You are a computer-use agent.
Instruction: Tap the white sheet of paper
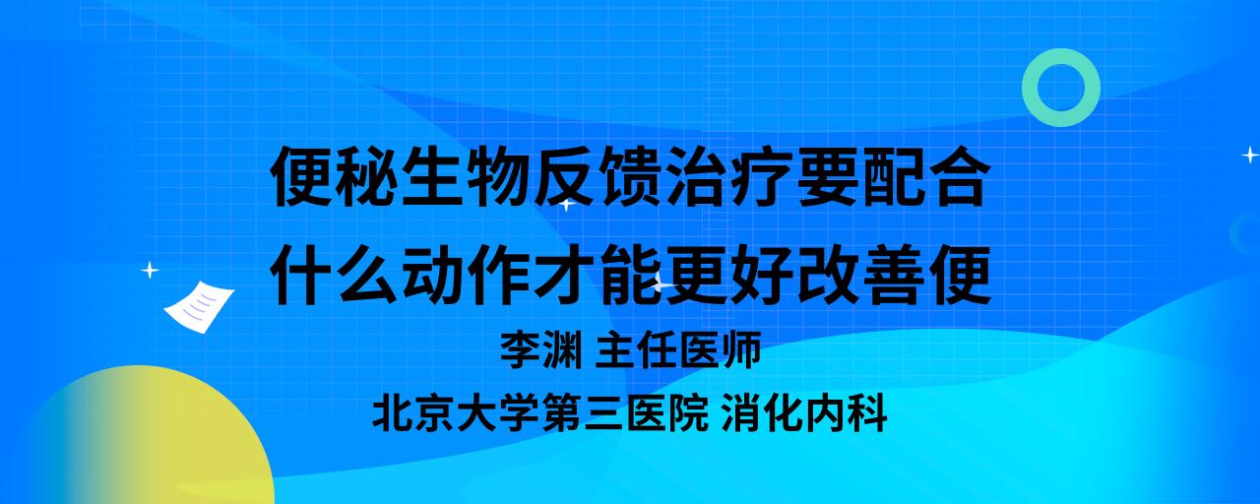tap(199, 307)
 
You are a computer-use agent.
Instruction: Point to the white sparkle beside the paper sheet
tap(150, 271)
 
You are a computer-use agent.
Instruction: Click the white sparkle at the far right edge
tap(1250, 155)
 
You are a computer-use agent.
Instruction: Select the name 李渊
tap(541, 349)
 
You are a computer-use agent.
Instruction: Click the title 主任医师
tap(678, 349)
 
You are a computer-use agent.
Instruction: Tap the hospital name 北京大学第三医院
tap(540, 413)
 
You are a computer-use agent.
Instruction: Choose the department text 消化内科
tap(804, 413)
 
